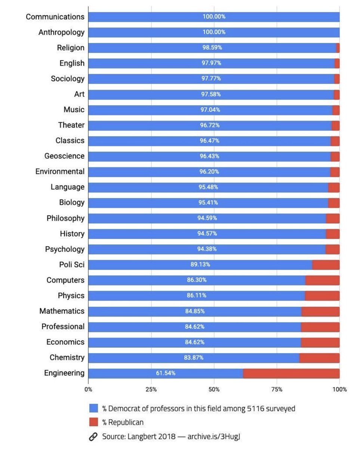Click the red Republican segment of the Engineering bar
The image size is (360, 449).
click(291, 373)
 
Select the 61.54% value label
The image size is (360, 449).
click(166, 373)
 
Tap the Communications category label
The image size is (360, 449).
click(55, 17)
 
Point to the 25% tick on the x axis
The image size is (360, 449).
click(151, 389)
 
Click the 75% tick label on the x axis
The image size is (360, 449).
click(277, 389)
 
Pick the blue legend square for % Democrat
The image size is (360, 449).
click(93, 408)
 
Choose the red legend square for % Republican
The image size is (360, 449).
click(93, 422)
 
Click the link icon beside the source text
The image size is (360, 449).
click(93, 436)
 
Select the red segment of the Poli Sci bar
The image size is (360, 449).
click(326, 265)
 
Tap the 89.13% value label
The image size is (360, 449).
click(200, 265)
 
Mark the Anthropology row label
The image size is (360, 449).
click(61, 32)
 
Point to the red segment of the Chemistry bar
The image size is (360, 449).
click(319, 358)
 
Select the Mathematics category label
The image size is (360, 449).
click(62, 311)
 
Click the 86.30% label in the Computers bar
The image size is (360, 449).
click(197, 280)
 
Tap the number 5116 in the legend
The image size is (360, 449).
click(255, 408)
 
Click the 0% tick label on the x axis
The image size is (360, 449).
click(88, 389)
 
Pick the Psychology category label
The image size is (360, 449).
click(65, 249)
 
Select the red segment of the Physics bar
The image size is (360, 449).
click(322, 296)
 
